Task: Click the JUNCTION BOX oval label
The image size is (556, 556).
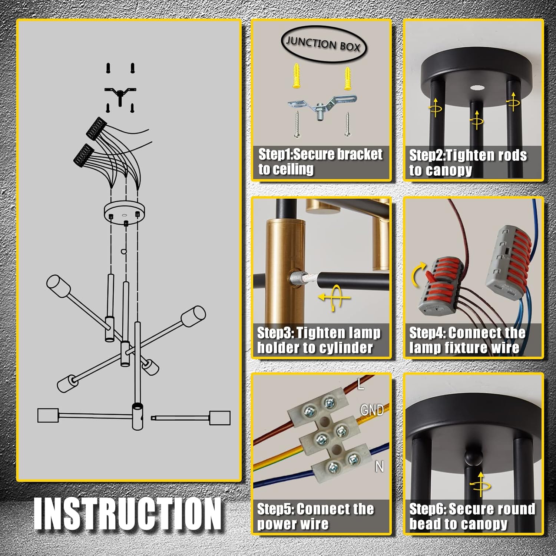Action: [323, 44]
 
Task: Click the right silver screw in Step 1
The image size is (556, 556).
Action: [347, 124]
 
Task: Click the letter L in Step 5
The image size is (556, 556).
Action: [361, 384]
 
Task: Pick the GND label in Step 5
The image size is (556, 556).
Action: [371, 410]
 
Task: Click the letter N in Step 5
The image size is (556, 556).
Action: [379, 467]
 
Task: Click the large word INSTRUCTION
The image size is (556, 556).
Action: [127, 514]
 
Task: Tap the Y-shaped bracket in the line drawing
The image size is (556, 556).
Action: [120, 93]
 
